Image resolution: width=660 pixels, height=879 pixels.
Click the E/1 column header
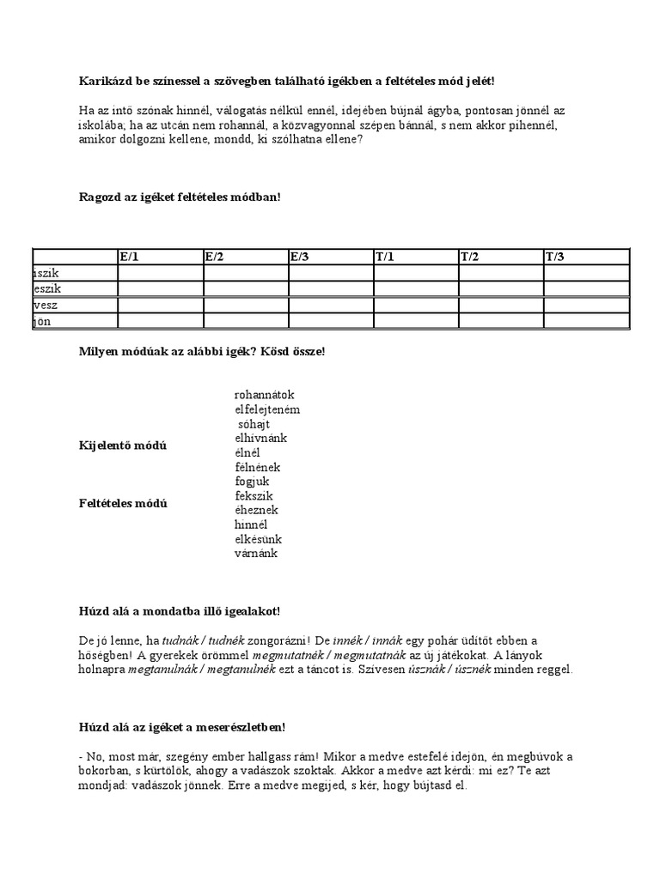[x=128, y=256]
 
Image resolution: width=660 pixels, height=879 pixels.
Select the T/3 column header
[x=554, y=256]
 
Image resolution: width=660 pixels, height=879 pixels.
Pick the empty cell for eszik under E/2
[x=245, y=288]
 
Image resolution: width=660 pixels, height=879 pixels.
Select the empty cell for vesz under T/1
[x=415, y=305]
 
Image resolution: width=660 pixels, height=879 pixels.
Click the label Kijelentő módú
[x=123, y=446]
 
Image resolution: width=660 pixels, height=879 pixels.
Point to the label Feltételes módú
[x=123, y=503]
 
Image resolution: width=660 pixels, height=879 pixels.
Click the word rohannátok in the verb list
[x=264, y=395]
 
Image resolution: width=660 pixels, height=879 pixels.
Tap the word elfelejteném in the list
[x=266, y=409]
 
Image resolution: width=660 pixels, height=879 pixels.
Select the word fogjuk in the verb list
[x=252, y=482]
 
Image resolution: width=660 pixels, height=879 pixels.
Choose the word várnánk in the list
[x=255, y=554]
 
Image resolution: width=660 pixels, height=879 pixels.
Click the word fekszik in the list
[x=254, y=496]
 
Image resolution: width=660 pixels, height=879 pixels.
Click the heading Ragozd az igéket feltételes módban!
[x=180, y=197]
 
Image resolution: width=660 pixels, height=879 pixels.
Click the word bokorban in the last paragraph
[x=101, y=771]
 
